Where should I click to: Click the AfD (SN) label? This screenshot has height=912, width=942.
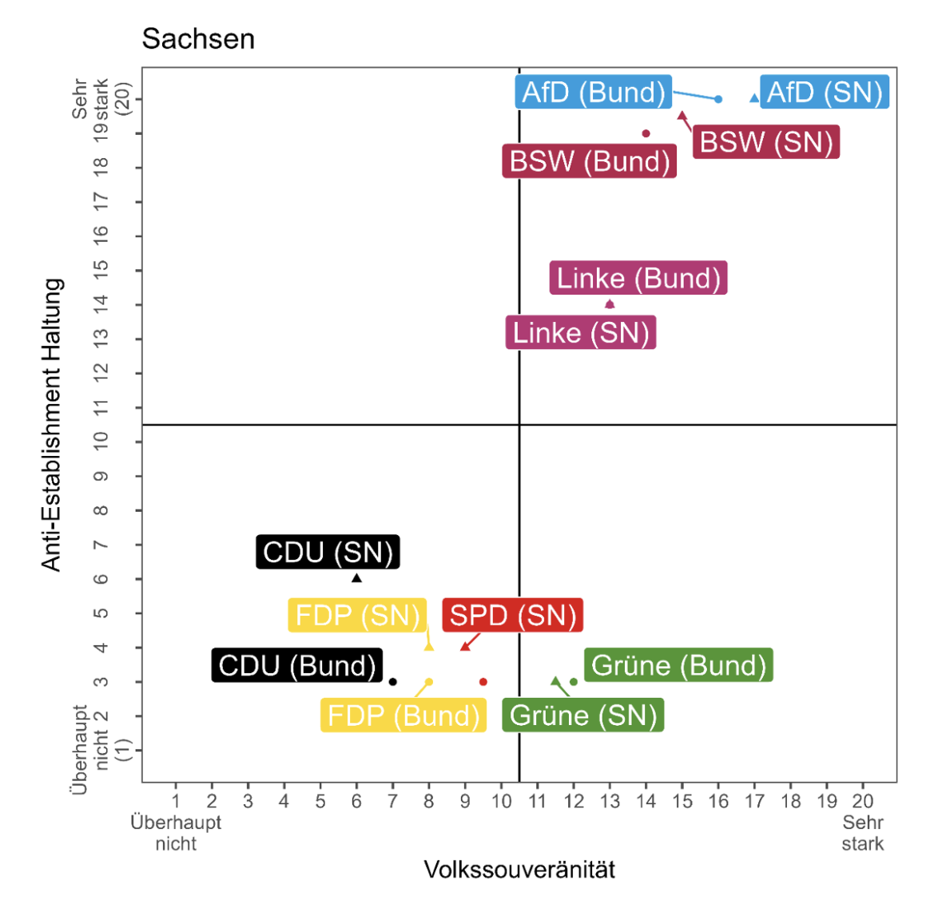coord(825,93)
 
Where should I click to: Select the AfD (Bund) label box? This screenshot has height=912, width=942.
coord(594,93)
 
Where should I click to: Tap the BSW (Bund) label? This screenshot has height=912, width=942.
coord(590,161)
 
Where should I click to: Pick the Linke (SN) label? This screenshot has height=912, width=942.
coord(581,333)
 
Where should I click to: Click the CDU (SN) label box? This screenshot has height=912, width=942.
coord(328,552)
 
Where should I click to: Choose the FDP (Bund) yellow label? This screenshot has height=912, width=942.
coord(403,715)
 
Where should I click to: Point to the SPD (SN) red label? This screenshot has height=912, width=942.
coord(512,616)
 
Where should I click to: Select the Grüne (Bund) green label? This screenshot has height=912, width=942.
coord(678,665)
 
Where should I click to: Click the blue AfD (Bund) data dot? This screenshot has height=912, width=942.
coord(718,99)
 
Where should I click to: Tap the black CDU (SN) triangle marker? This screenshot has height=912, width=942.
coord(356,577)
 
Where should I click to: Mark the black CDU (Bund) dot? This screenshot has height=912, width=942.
coord(392,682)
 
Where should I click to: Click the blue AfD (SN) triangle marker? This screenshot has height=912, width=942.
coord(754,98)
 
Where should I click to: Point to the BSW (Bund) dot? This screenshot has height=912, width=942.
coord(646,133)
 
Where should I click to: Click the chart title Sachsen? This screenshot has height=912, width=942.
coord(198,38)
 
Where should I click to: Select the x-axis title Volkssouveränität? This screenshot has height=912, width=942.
coord(519,870)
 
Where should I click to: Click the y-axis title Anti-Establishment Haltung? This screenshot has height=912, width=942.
coord(52,425)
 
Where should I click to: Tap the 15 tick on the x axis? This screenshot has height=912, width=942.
coord(682,801)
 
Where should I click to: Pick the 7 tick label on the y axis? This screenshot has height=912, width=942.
coord(101,545)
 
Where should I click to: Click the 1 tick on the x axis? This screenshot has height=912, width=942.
coord(176,801)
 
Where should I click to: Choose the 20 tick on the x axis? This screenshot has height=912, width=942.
coord(862,801)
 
